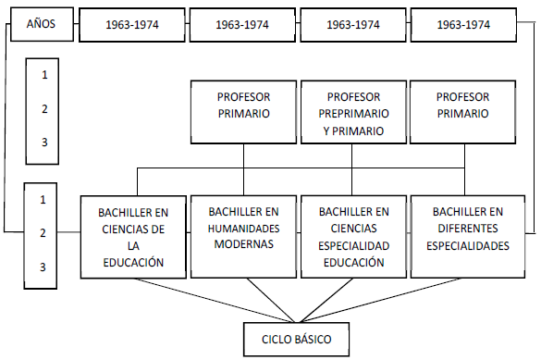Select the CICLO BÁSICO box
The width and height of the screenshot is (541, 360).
[298, 339]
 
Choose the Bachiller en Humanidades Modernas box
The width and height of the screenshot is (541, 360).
[243, 236]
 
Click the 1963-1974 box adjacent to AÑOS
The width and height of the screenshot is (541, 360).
[131, 25]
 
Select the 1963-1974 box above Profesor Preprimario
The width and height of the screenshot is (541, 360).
[352, 25]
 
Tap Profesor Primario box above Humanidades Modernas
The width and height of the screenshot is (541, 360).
[243, 105]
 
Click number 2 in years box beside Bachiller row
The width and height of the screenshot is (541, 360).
[42, 233]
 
